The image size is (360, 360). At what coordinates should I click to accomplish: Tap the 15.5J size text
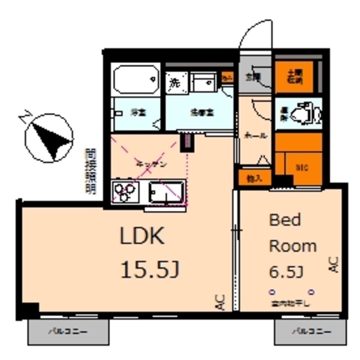(x=149, y=270)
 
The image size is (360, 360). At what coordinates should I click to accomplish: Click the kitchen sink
(x=166, y=192)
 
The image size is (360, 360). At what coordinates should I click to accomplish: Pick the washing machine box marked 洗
(x=174, y=82)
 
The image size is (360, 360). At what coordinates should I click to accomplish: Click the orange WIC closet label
(x=301, y=167)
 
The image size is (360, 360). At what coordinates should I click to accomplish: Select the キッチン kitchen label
(x=152, y=164)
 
